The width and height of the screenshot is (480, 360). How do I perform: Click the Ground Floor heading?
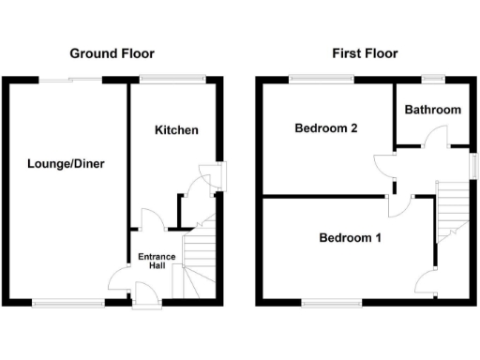(112, 53)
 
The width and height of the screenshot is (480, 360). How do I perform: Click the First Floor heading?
(366, 53)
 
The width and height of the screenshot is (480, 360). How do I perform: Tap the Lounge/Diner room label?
(66, 164)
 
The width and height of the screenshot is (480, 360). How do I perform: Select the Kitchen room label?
(176, 129)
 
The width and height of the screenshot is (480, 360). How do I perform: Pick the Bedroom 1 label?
(351, 238)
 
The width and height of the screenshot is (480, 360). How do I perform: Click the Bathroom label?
(433, 110)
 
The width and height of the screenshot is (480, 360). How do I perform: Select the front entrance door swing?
(119, 280)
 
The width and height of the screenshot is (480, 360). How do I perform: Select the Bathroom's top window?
(432, 77)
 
